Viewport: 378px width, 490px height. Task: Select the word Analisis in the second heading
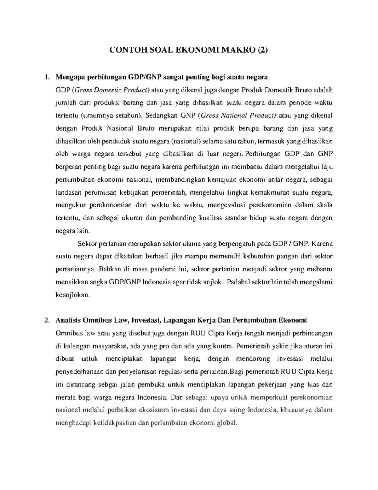click(68, 321)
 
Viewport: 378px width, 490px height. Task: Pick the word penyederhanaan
click(79, 372)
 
